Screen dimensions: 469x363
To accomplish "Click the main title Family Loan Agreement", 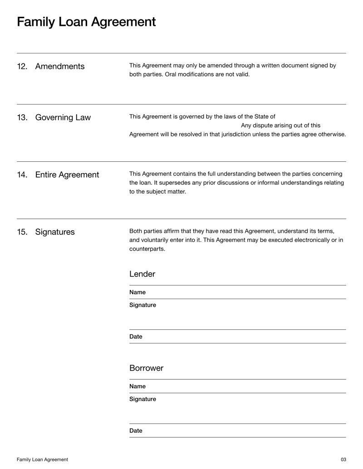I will point(86,21).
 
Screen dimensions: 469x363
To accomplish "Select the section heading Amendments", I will point(59,67).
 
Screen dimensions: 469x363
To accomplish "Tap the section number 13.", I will point(22,118).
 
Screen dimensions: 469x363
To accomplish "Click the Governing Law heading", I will point(63,118).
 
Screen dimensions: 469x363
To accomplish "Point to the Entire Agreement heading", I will point(67,175).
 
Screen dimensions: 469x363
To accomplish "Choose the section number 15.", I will point(22,232).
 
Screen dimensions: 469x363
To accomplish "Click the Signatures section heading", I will point(55,232).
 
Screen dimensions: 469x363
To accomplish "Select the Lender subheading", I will point(142,274).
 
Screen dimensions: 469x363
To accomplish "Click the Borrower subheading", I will point(146,368).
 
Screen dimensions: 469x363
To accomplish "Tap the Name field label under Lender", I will point(137,292).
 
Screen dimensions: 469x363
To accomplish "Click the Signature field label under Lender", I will point(142,305).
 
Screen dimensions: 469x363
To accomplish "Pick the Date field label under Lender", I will point(136,337).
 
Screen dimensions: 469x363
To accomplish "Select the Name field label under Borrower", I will point(137,387).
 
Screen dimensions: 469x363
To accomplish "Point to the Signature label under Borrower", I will point(142,399).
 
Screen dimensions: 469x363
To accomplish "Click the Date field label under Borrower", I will point(136,431).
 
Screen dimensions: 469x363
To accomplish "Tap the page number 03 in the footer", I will point(343,459).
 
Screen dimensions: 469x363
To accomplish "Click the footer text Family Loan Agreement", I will point(42,459).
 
